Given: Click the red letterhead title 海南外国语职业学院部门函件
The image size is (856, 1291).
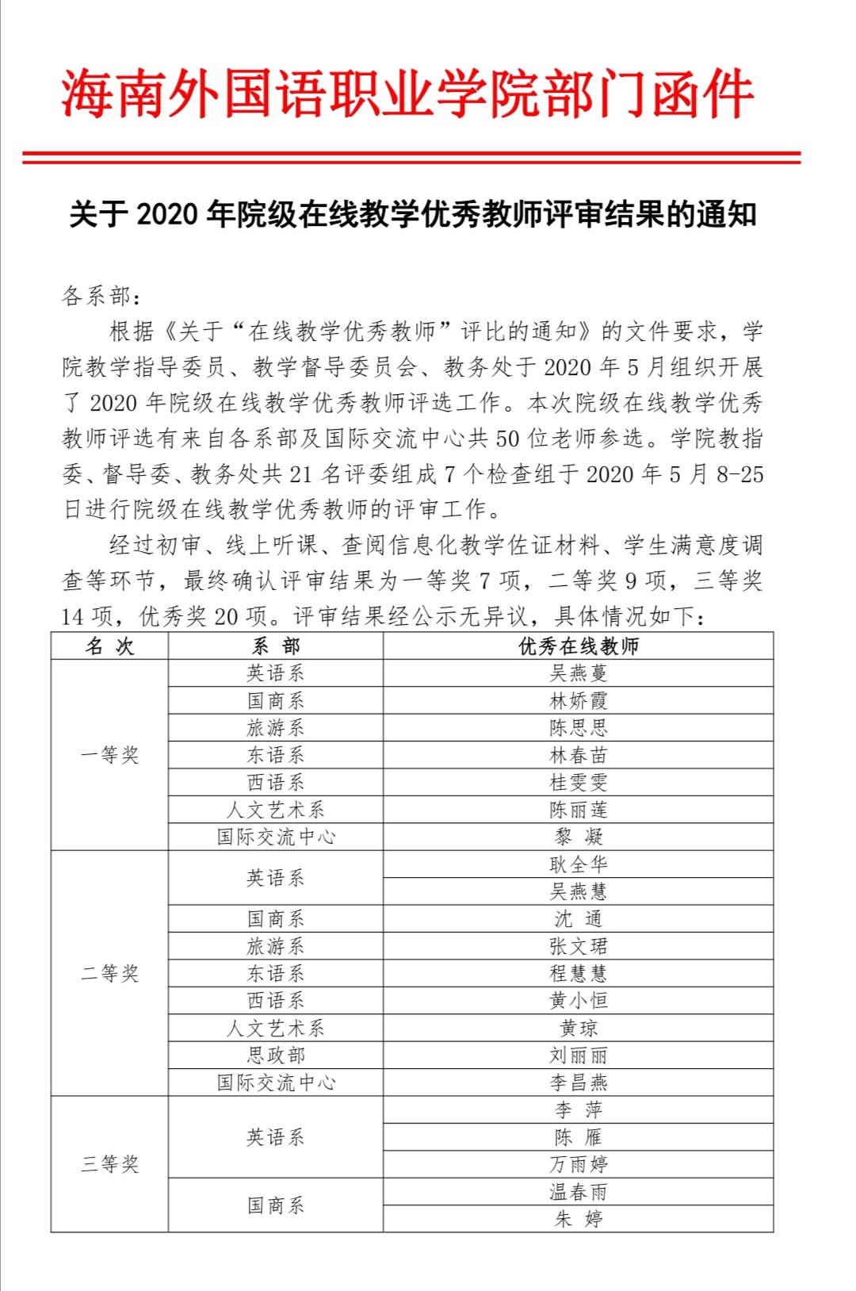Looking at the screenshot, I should pos(407,94).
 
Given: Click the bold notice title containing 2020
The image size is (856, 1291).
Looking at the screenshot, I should pos(412,214).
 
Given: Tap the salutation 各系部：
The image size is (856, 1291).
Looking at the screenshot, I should pos(101,297).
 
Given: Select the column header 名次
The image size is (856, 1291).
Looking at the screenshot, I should pos(109,646).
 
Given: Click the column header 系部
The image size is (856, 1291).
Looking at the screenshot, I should pos(275,646).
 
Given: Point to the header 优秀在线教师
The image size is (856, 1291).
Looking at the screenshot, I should pos(578,646).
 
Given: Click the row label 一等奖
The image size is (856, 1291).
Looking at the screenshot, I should pos(109,755).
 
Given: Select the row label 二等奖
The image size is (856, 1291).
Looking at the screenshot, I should pos(109,973).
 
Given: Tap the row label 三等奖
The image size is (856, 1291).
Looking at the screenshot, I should pos(109,1164).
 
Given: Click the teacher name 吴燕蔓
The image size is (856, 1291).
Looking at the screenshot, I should pos(578,673).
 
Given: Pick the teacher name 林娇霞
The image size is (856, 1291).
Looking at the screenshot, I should pos(578,701).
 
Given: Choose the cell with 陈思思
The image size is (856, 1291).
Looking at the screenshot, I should pos(578,728).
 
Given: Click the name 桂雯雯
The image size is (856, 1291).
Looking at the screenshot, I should pos(578,783).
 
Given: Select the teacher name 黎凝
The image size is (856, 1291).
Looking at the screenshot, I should pos(578,837).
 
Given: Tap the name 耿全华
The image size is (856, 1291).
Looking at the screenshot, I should pos(578,864).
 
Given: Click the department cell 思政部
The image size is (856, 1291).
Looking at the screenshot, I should pos(275,1055).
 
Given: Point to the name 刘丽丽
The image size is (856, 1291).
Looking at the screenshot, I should pos(578,1055).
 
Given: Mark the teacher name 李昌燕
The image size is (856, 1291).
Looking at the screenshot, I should pos(578,1082).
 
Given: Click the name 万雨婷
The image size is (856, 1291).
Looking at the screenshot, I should pos(578,1164).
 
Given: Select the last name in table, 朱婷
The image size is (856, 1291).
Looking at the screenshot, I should pos(578,1219).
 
